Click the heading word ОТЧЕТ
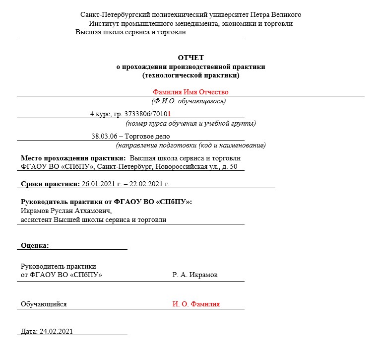click(x=190, y=58)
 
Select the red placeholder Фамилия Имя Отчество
click(x=190, y=92)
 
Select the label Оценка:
click(x=35, y=245)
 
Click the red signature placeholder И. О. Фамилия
click(x=196, y=304)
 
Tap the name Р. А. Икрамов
click(x=195, y=275)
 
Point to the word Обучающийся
click(x=44, y=304)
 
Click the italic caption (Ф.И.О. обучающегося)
click(x=189, y=101)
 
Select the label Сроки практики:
click(x=50, y=184)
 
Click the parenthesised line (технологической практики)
click(x=190, y=75)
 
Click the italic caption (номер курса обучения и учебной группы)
click(x=190, y=123)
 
